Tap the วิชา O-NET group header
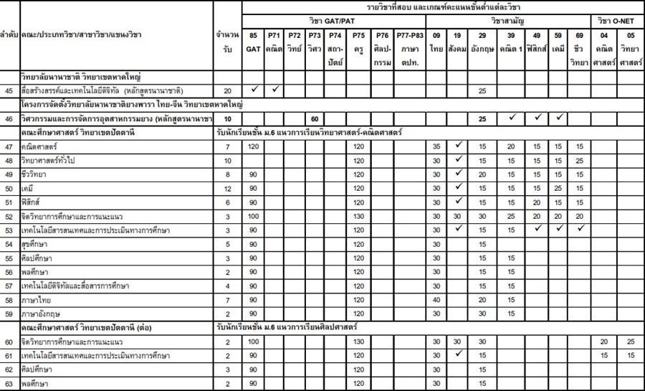pos(617,20)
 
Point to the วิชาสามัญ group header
pos(508,20)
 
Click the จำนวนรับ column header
pos(228,42)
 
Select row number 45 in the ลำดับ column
pos(9,91)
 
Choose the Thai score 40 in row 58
pos(436,299)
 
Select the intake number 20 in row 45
pos(228,91)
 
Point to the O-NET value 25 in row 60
pos(630,341)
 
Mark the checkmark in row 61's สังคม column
pos(459,354)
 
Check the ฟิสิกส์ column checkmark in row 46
pos(537,117)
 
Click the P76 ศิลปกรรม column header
pos(383,42)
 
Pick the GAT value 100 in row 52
pos(254,215)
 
